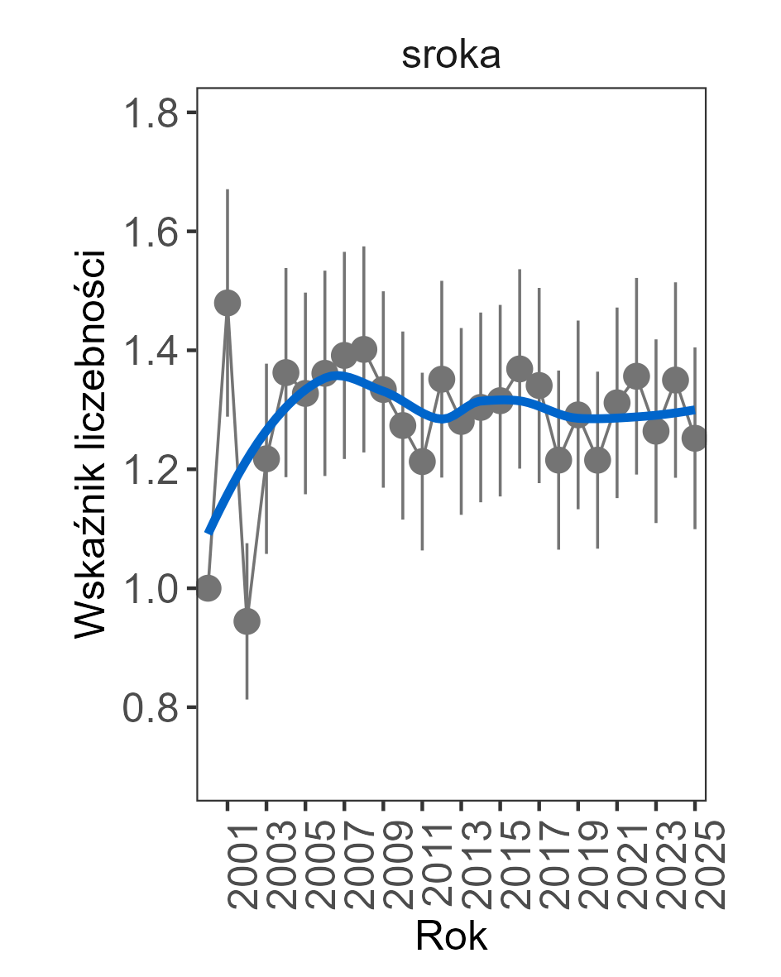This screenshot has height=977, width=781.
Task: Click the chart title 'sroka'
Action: pos(451,57)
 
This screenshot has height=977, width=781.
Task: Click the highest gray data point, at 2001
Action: pos(228,304)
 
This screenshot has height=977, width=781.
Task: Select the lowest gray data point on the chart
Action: pos(247,621)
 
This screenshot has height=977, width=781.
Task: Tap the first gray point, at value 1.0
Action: pos(208,588)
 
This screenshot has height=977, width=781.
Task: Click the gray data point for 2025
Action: pos(695,438)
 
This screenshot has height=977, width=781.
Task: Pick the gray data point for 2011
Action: pos(422,462)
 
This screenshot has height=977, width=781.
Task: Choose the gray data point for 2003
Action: pos(266,458)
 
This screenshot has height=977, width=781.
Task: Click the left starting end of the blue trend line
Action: pos(208,532)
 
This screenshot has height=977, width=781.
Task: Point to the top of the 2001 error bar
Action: pos(228,189)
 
